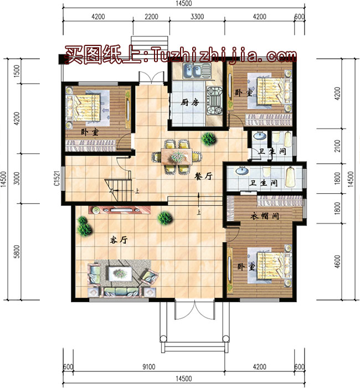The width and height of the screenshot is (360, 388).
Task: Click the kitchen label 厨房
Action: click(x=189, y=102)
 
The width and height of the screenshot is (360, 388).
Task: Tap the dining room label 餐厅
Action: click(x=203, y=176)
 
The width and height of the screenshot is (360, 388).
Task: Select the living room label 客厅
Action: click(x=119, y=240)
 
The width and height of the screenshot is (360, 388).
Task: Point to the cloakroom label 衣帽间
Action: click(x=265, y=216)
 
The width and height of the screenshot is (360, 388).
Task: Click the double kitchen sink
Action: click(x=197, y=71)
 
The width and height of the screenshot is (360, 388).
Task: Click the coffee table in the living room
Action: click(x=120, y=273)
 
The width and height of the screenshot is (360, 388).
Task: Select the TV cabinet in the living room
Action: click(x=120, y=210)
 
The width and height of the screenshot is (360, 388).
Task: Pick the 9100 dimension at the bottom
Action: click(x=149, y=366)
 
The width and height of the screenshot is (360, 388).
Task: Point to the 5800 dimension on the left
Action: click(x=17, y=251)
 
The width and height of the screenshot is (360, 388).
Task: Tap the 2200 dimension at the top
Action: click(x=151, y=17)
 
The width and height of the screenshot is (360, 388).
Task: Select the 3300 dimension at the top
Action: click(x=197, y=17)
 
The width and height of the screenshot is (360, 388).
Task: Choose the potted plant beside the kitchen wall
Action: click(x=208, y=139)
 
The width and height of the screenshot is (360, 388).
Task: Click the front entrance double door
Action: click(x=194, y=310)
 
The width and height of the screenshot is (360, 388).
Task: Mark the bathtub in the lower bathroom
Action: click(x=290, y=177)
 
